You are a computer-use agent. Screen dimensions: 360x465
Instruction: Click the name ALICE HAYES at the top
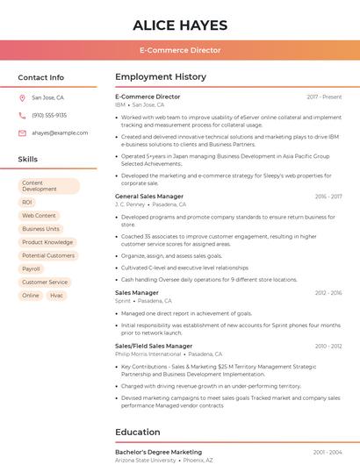click(x=180, y=25)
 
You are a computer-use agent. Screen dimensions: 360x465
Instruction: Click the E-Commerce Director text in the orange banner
click(x=180, y=50)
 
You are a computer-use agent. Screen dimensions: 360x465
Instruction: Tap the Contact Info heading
click(x=41, y=77)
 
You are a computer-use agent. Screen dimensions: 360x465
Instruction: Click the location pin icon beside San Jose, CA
click(x=22, y=97)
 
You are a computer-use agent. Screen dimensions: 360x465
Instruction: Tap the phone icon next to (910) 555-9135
click(x=22, y=115)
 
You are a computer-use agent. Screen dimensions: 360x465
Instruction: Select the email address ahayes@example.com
click(x=60, y=132)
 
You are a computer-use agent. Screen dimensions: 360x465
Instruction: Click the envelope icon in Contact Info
click(x=22, y=132)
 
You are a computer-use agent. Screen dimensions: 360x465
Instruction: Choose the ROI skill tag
click(x=27, y=202)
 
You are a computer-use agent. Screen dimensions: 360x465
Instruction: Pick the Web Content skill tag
click(x=39, y=215)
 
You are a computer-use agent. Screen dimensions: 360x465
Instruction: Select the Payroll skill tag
click(x=31, y=268)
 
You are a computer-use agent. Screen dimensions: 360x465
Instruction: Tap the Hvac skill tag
click(x=56, y=296)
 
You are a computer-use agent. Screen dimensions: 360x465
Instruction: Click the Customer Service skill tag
click(x=45, y=282)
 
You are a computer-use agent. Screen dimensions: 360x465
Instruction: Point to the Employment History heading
click(x=161, y=77)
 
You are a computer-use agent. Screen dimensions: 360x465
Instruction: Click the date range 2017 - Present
click(x=324, y=97)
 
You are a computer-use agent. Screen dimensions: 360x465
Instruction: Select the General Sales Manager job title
click(x=149, y=197)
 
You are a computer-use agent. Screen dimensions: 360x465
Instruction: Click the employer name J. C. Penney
click(x=130, y=204)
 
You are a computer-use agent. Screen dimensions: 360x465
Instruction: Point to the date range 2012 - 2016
click(x=328, y=293)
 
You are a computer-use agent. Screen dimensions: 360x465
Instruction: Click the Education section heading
click(x=139, y=432)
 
